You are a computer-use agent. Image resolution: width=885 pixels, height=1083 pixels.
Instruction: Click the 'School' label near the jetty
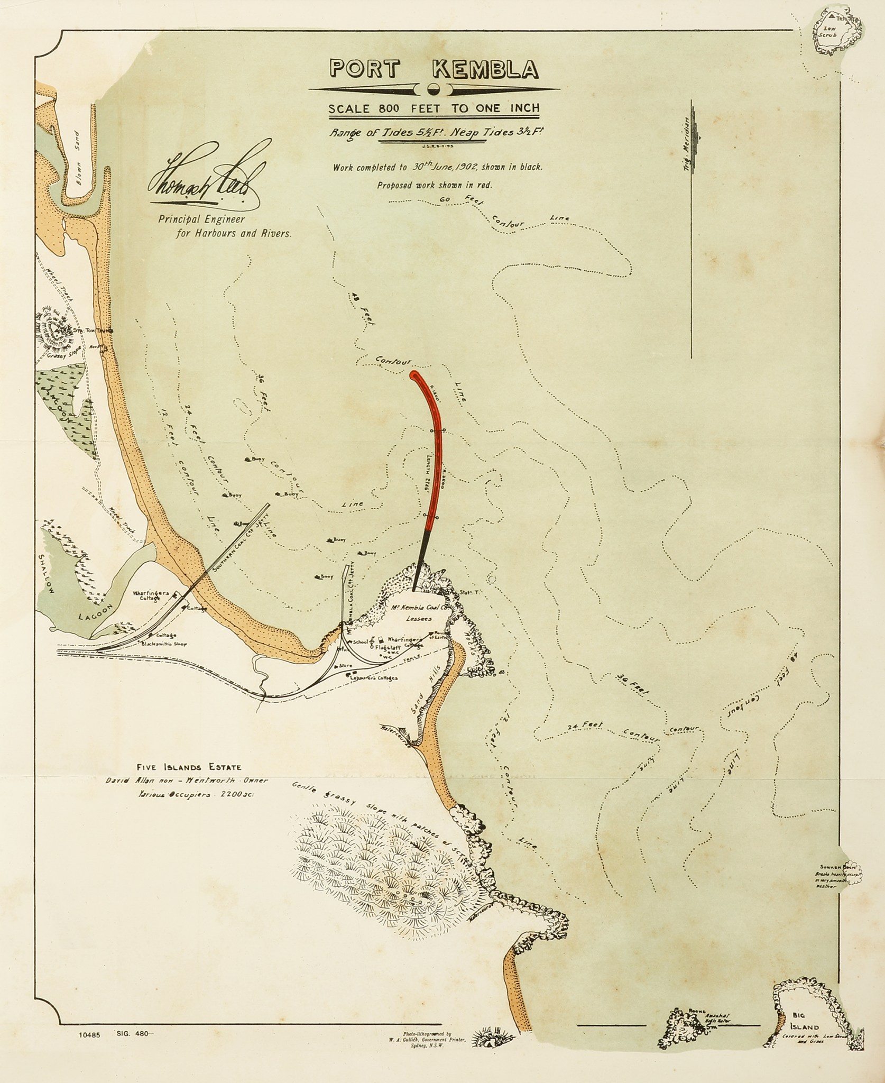click(361, 641)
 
